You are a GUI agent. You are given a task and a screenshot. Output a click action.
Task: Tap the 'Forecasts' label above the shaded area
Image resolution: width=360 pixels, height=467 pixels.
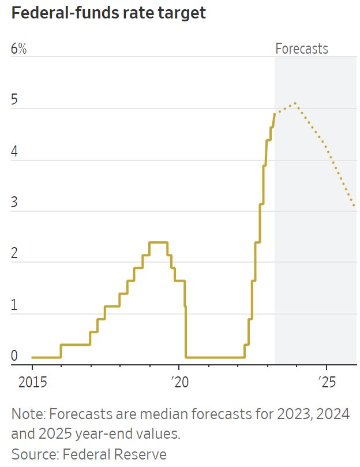tap(301, 48)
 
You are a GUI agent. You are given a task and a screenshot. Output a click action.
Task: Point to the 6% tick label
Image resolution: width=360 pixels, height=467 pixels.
tap(19, 49)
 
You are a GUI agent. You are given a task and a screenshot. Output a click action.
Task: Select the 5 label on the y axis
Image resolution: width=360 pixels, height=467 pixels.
tap(14, 100)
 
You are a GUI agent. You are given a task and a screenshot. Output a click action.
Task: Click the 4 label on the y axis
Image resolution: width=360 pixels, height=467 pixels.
tap(14, 152)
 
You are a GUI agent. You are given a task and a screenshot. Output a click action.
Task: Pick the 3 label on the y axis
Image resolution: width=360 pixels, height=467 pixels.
tap(14, 203)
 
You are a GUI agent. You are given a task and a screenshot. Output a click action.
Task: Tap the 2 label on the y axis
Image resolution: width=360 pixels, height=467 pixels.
tap(14, 255)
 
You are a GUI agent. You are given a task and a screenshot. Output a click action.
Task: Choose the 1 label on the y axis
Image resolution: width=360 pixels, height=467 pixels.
tap(14, 306)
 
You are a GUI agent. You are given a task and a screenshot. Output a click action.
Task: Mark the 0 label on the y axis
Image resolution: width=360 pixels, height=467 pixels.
tap(14, 357)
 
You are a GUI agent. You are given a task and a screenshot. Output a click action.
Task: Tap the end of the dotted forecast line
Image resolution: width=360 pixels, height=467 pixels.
tap(354, 206)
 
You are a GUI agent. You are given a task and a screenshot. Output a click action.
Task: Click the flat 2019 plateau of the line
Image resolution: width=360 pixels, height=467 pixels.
tap(158, 242)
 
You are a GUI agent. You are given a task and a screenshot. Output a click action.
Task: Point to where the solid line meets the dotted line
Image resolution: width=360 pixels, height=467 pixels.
tap(275, 113)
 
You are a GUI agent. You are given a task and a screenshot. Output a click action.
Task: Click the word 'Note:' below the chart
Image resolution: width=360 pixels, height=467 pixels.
tap(28, 414)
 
